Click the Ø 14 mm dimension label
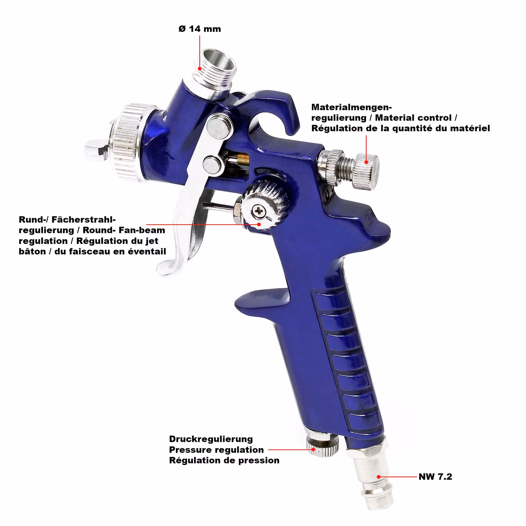(x=199, y=29)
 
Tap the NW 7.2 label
(x=435, y=477)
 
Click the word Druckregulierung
(x=211, y=439)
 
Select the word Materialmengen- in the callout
(x=351, y=107)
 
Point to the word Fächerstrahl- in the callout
(x=84, y=219)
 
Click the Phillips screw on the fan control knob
(x=258, y=211)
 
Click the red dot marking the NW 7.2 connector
(x=378, y=477)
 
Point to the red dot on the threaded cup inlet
(x=200, y=69)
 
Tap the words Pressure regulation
(x=216, y=450)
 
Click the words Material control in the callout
(x=413, y=118)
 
